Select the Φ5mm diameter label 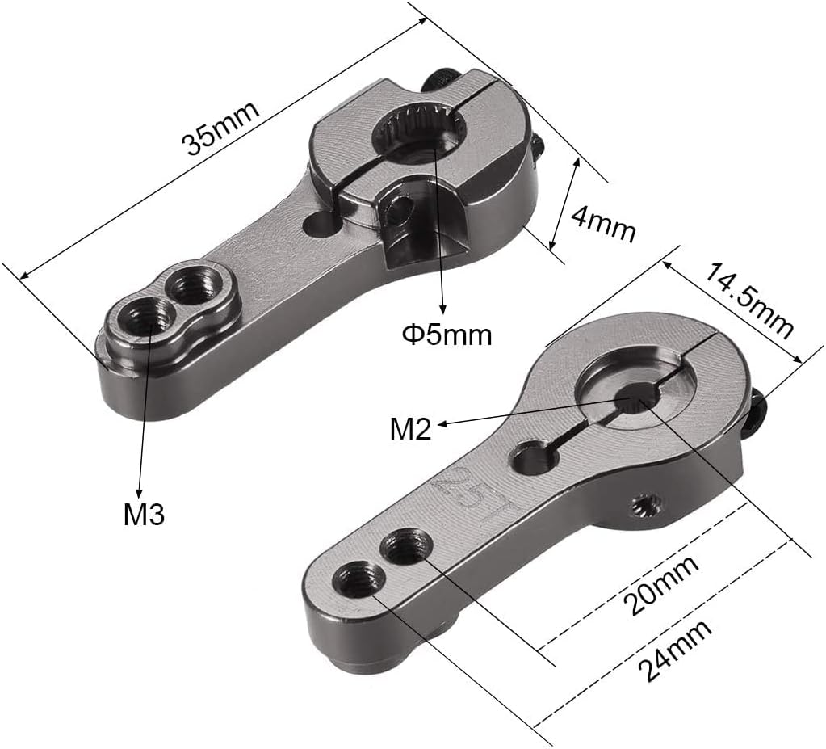[x=447, y=335]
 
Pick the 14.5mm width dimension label [x=748, y=301]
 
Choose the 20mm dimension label [x=661, y=585]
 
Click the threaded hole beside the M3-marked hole [x=194, y=284]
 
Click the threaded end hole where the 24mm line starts [x=358, y=579]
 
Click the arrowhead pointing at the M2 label [x=443, y=423]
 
